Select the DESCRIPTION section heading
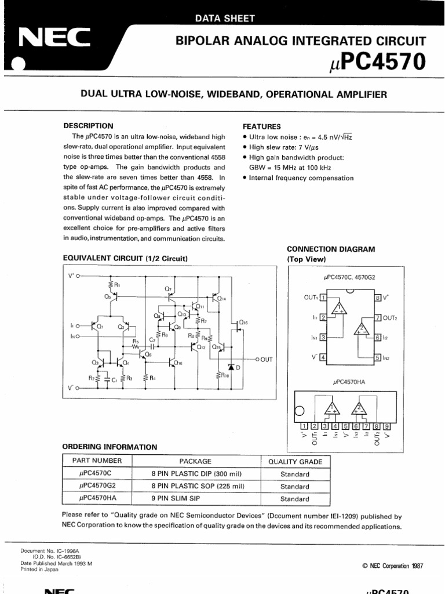click(x=88, y=126)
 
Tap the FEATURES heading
click(x=261, y=126)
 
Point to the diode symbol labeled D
click(x=232, y=367)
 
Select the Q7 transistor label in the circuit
click(x=168, y=288)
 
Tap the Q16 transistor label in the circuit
click(x=243, y=322)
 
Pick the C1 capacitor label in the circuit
click(x=114, y=380)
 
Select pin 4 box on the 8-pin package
click(x=323, y=357)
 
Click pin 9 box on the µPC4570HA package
click(x=387, y=426)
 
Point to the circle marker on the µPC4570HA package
click(x=299, y=411)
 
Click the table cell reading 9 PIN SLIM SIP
click(x=195, y=499)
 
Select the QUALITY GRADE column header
click(x=294, y=461)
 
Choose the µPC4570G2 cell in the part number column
click(x=97, y=486)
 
